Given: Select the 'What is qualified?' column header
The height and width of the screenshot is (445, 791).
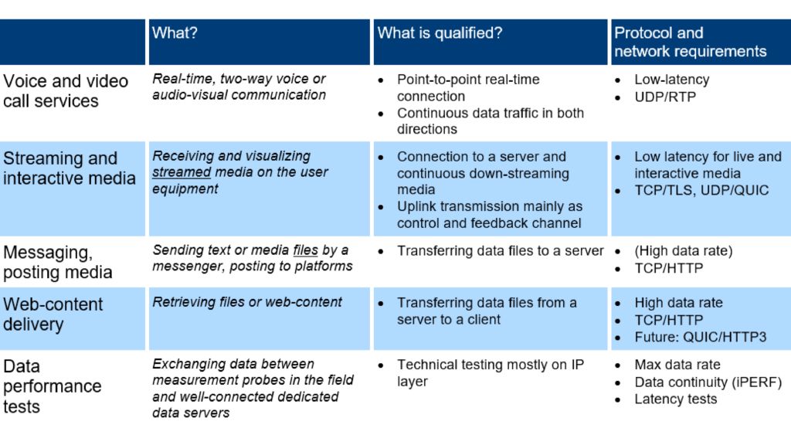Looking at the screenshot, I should [x=440, y=33].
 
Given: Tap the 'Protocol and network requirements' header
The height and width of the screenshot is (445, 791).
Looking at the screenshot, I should [x=690, y=42].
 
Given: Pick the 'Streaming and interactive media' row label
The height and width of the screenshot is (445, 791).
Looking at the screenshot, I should [x=69, y=168].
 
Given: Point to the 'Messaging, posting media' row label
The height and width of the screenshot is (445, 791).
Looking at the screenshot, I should [x=58, y=262].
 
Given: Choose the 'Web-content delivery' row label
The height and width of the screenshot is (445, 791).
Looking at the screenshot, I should [x=53, y=314].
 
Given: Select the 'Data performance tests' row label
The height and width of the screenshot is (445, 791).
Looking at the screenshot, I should [x=52, y=386].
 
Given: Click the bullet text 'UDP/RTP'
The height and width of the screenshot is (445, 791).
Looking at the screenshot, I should [x=665, y=97].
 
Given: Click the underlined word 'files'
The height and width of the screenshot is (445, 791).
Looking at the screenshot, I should [x=305, y=250].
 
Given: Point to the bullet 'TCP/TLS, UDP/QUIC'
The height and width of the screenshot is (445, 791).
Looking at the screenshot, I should [x=701, y=190].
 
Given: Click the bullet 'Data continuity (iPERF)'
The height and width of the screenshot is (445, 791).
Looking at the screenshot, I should [x=708, y=382].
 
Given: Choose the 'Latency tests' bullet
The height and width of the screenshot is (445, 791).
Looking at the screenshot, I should [x=675, y=399].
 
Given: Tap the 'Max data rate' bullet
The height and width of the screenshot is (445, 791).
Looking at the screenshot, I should [x=677, y=365].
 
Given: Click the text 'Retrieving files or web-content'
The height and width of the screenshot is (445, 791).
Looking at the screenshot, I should [x=247, y=302].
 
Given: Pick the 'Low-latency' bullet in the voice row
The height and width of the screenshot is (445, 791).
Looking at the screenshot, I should [x=671, y=80].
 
